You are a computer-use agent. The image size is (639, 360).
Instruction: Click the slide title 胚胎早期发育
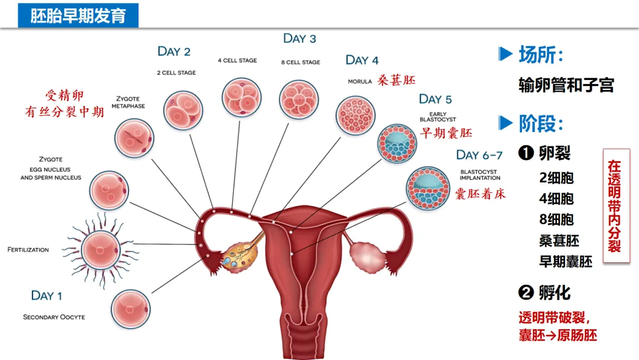coord(79,15)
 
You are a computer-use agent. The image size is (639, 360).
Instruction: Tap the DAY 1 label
coord(46,295)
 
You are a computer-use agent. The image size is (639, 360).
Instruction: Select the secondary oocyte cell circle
coord(130,308)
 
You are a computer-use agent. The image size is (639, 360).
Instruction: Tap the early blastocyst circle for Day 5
coord(397,144)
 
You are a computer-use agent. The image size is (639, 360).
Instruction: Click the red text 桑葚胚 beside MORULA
coord(396,80)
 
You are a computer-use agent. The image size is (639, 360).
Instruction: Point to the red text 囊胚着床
coord(480,194)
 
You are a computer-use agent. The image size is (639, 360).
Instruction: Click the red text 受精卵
coord(65,95)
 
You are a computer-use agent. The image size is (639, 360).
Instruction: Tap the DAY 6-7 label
coord(479,155)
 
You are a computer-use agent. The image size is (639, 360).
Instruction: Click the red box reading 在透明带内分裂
coord(616,205)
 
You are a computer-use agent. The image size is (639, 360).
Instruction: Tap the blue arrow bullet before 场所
coord(505,54)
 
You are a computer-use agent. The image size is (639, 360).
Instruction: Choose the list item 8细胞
coord(556,219)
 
